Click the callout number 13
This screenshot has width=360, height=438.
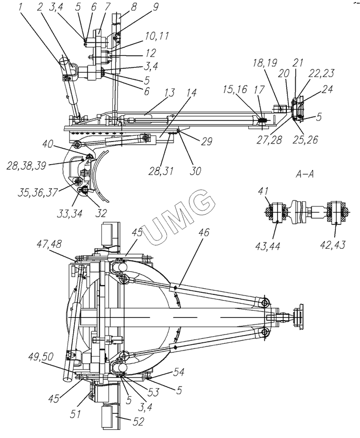pos(169,93)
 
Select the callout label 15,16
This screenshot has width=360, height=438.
pos(235,90)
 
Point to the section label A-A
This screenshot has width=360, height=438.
pos(305,174)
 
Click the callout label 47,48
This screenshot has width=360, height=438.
pos(49,244)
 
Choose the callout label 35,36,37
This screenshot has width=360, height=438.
pos(38,192)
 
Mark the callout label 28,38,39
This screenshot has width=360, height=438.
pos(27,166)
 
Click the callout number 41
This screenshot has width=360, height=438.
pos(263,191)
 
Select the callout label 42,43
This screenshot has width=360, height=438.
pos(332,244)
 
